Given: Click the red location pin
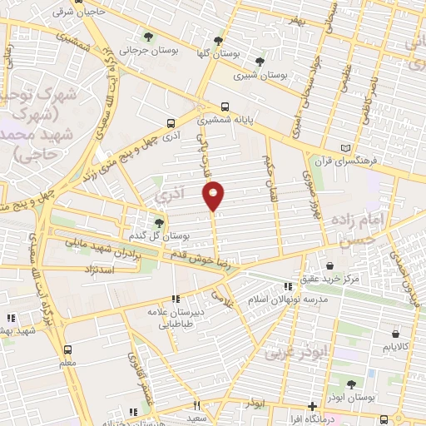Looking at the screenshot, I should [214, 195].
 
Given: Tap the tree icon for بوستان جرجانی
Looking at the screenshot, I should [148, 37].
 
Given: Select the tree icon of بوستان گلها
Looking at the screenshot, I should [219, 39].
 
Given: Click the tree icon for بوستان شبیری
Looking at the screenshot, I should [260, 61].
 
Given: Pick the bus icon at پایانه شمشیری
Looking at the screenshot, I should [226, 106].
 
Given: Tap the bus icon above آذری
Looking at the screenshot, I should [171, 121].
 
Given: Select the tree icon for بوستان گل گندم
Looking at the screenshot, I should [160, 221].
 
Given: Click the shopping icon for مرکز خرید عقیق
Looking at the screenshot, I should [331, 265].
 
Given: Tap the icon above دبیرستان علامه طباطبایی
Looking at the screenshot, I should [176, 299].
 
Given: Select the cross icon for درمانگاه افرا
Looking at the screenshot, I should [312, 407].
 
